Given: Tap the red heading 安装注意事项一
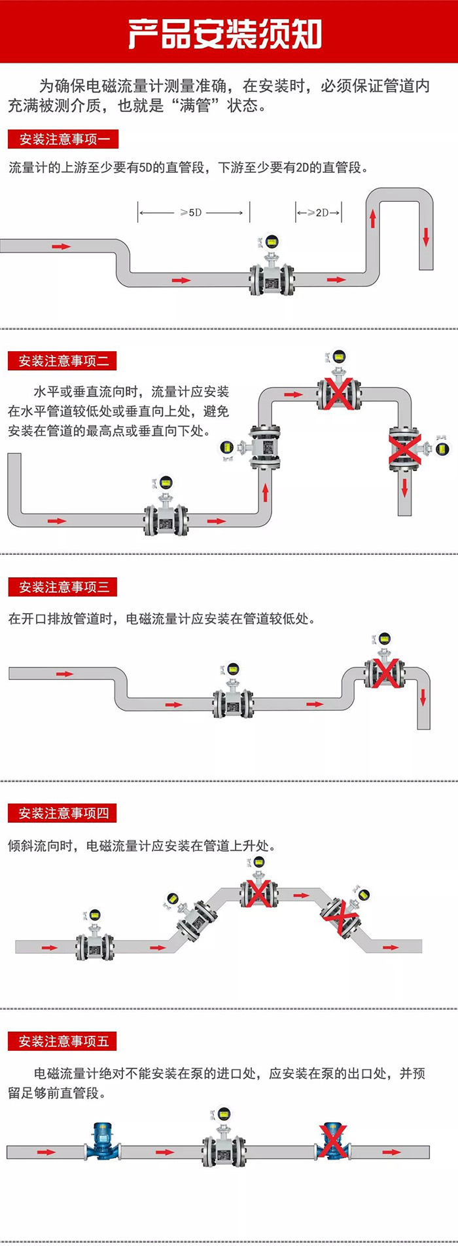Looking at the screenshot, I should [63, 139].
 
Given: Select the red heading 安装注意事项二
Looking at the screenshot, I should [63, 361].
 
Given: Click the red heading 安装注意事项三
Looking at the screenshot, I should [63, 587].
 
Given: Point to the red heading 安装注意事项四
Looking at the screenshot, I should [63, 814].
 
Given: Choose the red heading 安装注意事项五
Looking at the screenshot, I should [63, 1041].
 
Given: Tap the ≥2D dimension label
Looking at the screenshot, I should [319, 212].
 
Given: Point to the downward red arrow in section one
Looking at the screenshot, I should [426, 237].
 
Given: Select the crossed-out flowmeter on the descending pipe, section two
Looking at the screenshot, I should [404, 449].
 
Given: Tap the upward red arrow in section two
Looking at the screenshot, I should [266, 492].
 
